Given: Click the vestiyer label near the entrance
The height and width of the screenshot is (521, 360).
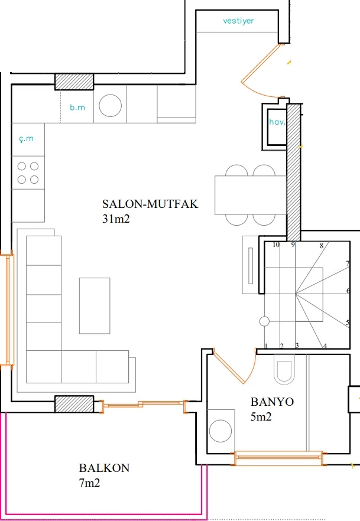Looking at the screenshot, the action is coord(238,21).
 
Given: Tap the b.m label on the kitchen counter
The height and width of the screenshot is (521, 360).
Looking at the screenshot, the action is coord(77,108).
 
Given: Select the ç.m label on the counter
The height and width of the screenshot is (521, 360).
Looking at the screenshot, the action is coord(26,139).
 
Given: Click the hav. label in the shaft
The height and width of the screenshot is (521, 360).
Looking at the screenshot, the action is coord(277,122).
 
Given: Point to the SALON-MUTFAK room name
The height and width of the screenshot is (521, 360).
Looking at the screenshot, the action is coord(150,204).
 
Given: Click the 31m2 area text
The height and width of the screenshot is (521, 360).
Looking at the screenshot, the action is coord(116,219).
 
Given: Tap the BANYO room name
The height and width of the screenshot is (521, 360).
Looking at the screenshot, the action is coord(272,402).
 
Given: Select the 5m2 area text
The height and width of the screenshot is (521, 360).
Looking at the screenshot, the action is coord(261,416).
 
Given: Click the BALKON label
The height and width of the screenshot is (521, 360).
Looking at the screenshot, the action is coord(104,468).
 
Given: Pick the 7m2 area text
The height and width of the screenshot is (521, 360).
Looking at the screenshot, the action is coord(89,483).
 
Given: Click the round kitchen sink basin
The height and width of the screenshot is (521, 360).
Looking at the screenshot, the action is coord(110,106).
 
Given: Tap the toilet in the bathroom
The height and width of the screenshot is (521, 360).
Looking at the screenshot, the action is coord(284,369).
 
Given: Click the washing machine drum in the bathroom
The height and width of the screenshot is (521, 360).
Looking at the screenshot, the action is coord(220,431).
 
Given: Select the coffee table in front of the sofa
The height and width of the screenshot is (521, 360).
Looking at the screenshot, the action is coord(95,306).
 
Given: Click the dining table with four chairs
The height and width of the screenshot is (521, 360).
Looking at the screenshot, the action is coord(250,195).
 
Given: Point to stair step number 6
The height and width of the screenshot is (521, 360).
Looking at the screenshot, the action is coord(348,291).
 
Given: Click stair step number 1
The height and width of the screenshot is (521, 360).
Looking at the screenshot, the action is coord(266,346).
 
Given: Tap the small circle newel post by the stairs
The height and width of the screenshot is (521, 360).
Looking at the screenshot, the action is coord(264,321).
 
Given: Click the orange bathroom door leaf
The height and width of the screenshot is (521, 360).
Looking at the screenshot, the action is coord(229,367).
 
